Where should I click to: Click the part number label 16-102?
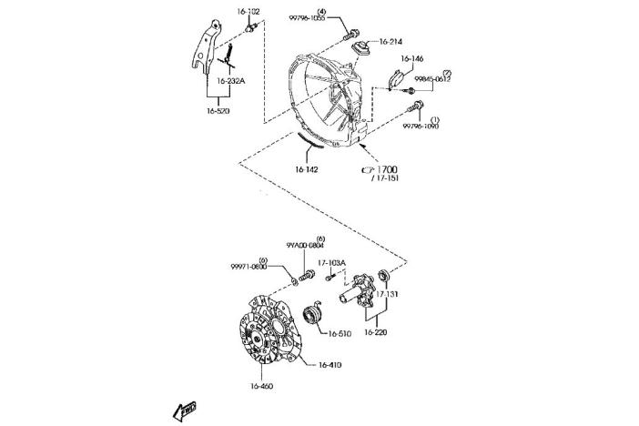point(248,12)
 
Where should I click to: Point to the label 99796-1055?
point(333,18)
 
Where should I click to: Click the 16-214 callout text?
point(391,41)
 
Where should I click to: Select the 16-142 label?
point(306,168)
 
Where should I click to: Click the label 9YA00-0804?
point(305,246)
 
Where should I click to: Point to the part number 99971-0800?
point(248,267)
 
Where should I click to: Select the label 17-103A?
point(331,263)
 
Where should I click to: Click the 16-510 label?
point(338,334)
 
